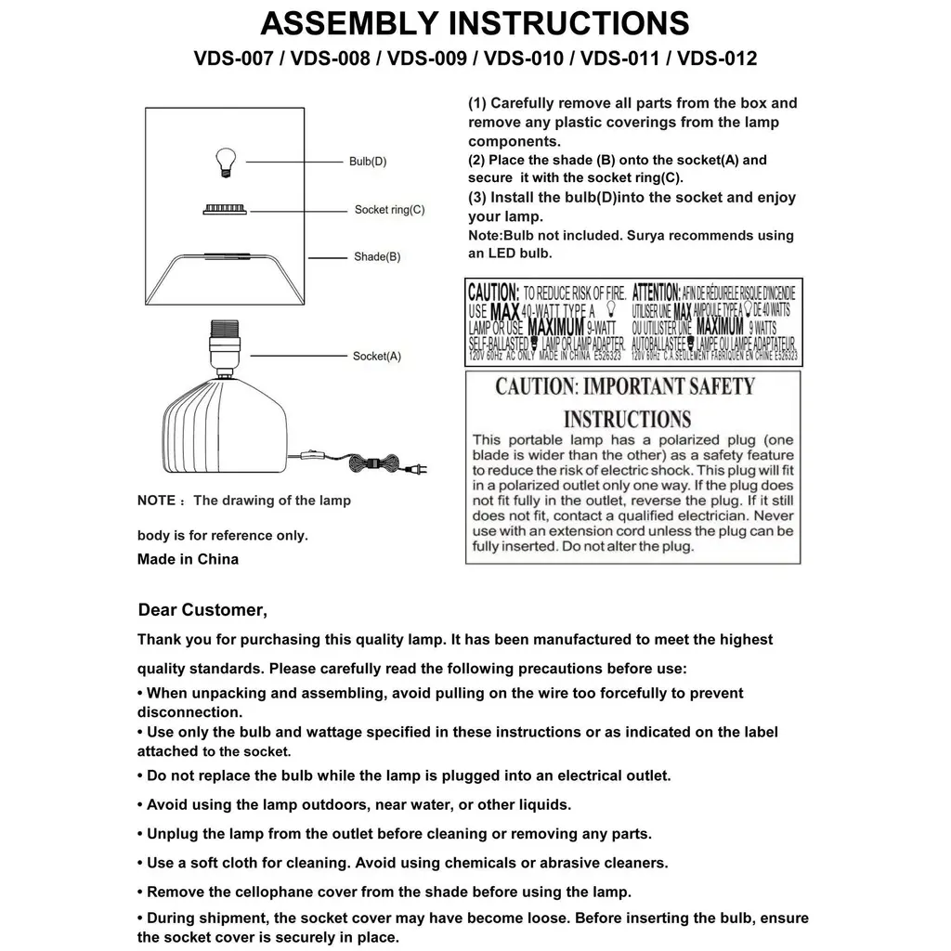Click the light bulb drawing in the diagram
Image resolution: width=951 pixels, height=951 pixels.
223,163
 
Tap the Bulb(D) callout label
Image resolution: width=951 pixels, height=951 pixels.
368,162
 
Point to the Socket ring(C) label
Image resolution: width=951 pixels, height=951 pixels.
389,210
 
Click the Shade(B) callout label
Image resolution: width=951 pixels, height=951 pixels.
377,256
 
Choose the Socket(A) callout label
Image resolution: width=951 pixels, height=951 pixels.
377,356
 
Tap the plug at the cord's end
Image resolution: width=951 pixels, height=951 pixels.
419,468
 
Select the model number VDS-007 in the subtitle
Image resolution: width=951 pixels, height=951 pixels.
233,59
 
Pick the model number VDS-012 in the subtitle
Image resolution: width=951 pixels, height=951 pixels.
717,59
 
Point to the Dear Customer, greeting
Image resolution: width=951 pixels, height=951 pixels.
202,610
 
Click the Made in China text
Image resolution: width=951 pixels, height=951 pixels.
188,559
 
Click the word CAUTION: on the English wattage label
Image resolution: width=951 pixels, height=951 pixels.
493,292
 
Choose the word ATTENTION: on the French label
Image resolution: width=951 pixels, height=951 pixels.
656,292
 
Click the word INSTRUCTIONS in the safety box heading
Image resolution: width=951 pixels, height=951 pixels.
628,419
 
